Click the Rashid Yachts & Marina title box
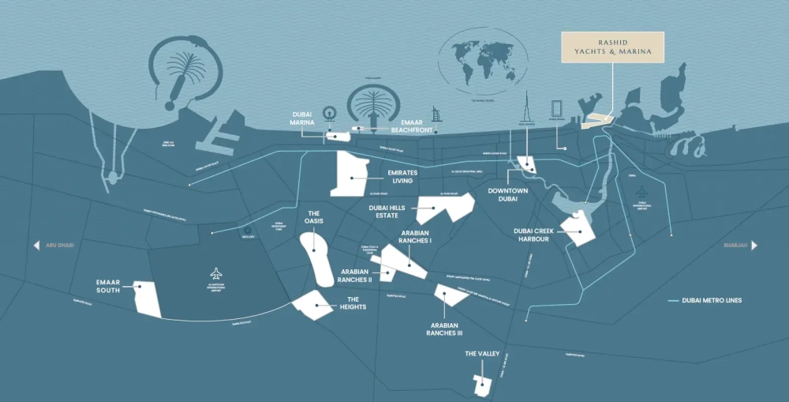612,47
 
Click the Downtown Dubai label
507,195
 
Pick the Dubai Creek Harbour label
530,235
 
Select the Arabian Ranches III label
444,329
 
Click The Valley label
481,355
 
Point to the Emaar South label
108,286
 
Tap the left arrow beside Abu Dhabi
36,246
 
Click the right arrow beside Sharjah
753,246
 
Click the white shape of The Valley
482,385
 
